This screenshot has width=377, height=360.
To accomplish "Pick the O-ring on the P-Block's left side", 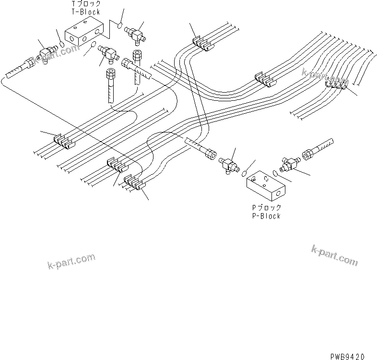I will pyautogui.click(x=244, y=171).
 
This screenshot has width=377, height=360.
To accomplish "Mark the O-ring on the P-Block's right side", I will pyautogui.click(x=273, y=172).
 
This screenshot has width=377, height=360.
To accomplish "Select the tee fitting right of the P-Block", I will pyautogui.click(x=288, y=164).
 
